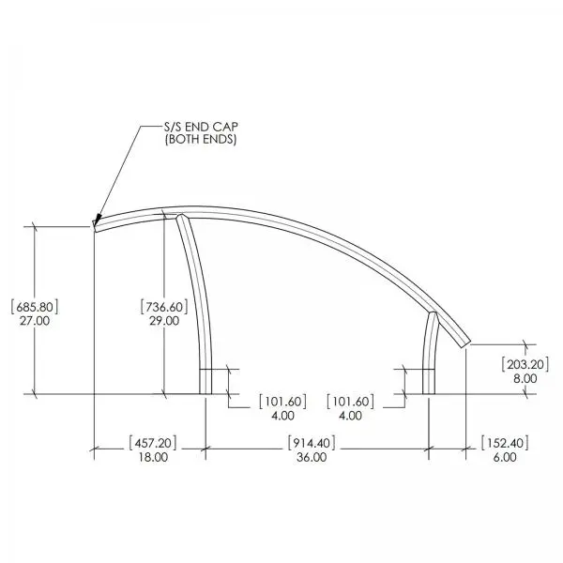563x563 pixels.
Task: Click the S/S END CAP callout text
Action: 201,127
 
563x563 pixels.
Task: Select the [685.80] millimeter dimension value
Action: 35,307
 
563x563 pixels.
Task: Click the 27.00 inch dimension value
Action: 35,321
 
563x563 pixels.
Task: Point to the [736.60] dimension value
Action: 164,307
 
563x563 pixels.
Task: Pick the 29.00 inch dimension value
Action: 164,321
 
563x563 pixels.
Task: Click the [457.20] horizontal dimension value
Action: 153,443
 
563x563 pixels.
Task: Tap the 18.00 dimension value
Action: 153,457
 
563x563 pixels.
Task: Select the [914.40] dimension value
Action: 312,443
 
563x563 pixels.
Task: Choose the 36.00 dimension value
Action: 312,457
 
